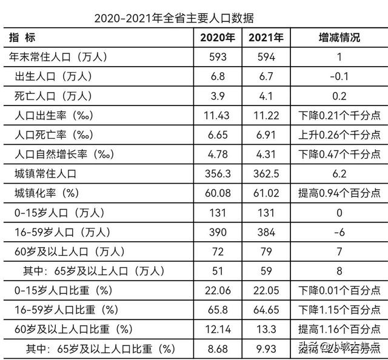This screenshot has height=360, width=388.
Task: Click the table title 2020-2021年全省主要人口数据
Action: click(x=174, y=18)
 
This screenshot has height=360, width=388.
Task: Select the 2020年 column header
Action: click(x=218, y=38)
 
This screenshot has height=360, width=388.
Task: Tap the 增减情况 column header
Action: click(x=339, y=38)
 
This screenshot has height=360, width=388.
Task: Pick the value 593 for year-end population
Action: click(x=218, y=57)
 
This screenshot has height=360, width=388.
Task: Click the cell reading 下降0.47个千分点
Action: click(x=339, y=154)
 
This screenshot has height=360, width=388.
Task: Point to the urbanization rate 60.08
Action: click(x=218, y=193)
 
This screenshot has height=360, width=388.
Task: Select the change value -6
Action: click(x=339, y=232)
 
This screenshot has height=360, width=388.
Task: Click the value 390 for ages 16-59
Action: click(x=218, y=232)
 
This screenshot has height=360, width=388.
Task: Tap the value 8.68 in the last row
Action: click(x=218, y=348)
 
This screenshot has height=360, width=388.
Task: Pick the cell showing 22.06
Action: click(x=218, y=290)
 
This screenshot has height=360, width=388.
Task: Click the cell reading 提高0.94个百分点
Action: click(x=339, y=193)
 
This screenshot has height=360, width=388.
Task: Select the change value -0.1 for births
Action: click(x=339, y=76)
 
